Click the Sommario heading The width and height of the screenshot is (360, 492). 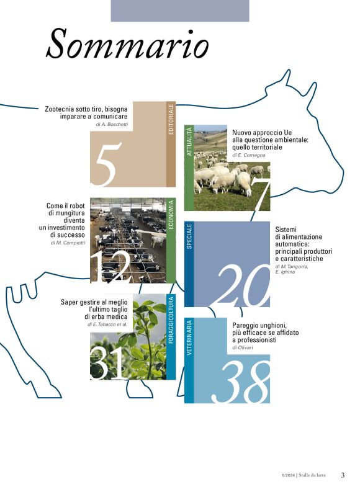(127, 43)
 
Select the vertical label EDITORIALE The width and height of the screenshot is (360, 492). (171, 119)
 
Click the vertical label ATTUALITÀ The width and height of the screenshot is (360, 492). (189, 141)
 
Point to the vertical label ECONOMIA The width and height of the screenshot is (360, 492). (171, 215)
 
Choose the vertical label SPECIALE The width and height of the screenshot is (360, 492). (189, 236)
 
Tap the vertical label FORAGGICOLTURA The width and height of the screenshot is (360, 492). (171, 320)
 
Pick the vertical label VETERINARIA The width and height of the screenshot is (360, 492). (189, 338)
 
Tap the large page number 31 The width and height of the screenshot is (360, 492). (107, 364)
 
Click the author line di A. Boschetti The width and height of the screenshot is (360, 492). (112, 124)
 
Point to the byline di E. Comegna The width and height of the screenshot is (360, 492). (249, 155)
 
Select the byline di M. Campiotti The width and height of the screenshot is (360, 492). (68, 243)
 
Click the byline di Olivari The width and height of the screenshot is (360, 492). (243, 347)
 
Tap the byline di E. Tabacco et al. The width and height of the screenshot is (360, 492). (107, 324)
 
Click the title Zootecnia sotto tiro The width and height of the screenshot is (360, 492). (86, 113)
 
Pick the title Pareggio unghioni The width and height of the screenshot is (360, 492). (266, 333)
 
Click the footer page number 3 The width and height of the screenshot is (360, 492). (343, 475)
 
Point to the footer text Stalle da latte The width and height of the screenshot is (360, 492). (312, 475)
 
